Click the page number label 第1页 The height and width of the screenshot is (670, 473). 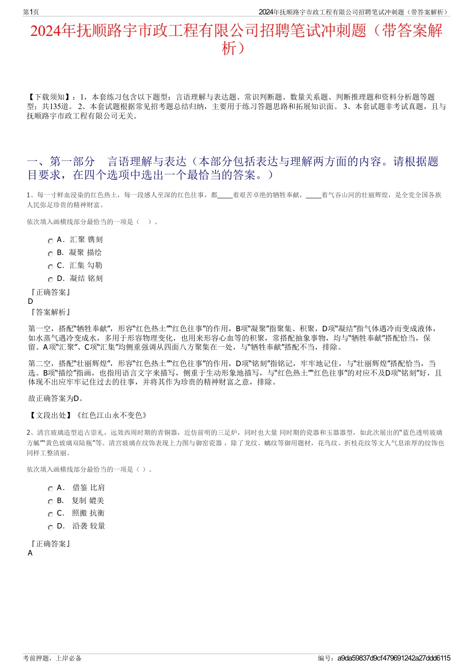tap(31, 12)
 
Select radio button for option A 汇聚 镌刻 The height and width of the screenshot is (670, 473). tap(50, 241)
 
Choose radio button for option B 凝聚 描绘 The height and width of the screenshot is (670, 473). tap(50, 254)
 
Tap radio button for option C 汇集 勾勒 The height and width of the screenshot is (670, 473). tap(50, 267)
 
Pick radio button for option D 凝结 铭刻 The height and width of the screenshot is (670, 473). tap(50, 279)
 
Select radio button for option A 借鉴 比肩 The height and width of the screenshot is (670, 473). tap(50, 489)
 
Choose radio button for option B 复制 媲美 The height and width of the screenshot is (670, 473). tap(50, 502)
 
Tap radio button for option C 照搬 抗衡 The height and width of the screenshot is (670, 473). tap(50, 514)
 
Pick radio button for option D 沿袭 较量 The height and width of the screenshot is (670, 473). tap(50, 527)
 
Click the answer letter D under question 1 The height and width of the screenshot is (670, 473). tap(30, 301)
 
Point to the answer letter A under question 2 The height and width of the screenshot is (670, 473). tap(30, 553)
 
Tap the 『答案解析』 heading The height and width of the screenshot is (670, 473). tap(50, 312)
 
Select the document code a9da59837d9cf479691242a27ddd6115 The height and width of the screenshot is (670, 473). tap(393, 658)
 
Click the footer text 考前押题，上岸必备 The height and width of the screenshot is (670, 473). tap(52, 658)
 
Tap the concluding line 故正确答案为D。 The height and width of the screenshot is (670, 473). tap(56, 399)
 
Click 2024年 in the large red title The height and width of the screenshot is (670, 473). tap(53, 31)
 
